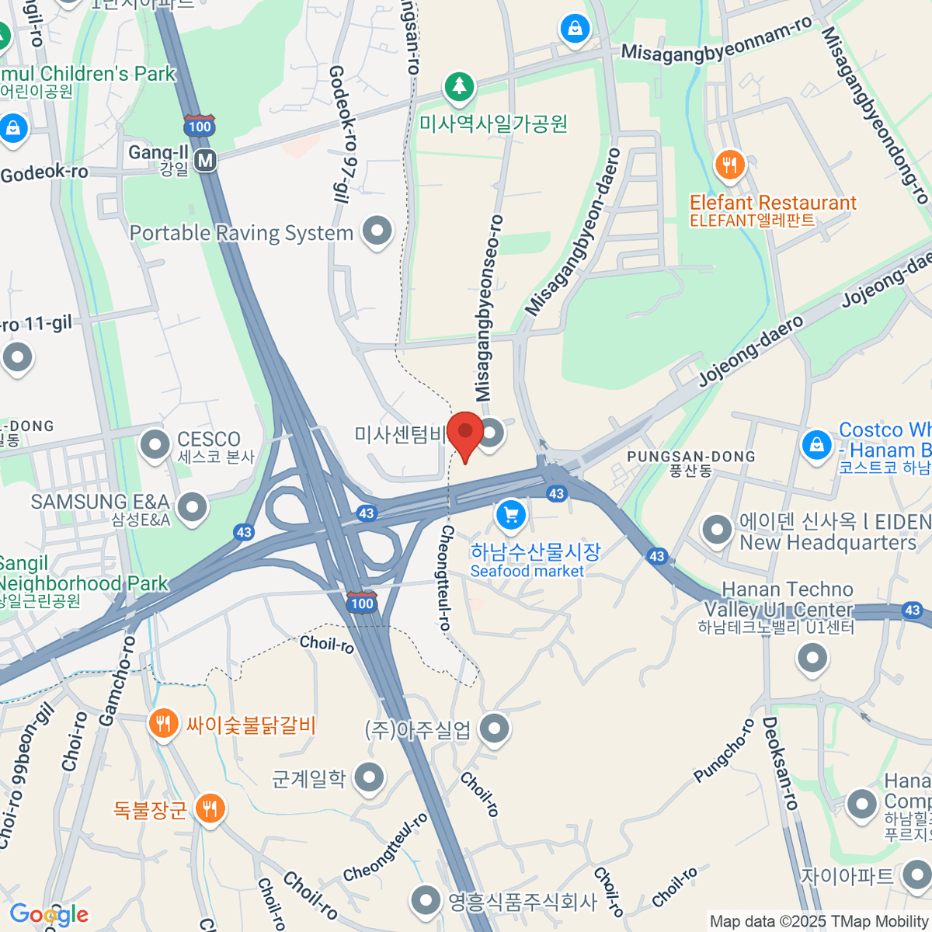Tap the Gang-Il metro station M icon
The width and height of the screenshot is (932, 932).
pos(205,160)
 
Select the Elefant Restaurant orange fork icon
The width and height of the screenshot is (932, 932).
pos(729,165)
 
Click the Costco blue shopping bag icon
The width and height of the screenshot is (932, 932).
pos(816,446)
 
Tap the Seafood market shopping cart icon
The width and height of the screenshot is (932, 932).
pos(511,514)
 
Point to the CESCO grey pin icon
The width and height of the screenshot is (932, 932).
pos(155,445)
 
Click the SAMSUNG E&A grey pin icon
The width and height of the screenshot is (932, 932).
pos(192,508)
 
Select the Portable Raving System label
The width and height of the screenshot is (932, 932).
pos(242,233)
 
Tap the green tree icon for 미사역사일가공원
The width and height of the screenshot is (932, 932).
pos(459,86)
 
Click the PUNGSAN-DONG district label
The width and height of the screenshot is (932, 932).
pos(691,457)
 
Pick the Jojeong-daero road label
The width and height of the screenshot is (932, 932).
pos(751,353)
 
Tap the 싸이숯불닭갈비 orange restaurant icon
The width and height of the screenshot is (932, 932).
pos(162,725)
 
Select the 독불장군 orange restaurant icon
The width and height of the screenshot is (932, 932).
pos(209,809)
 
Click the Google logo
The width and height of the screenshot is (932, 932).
pos(49,915)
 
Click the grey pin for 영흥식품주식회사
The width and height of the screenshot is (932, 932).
pos(426,901)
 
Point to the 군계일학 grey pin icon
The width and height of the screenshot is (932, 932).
pos(369,777)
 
